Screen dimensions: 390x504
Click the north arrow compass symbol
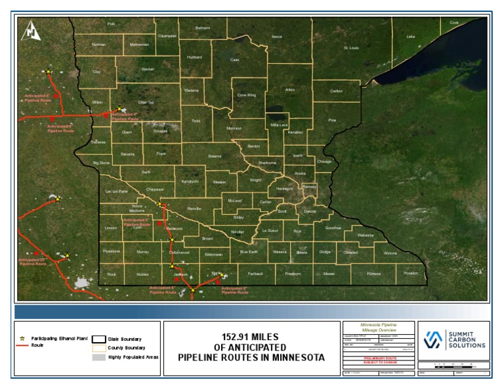tap(31, 30)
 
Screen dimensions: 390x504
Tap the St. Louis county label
tap(352, 48)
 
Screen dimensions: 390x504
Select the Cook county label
tap(454, 22)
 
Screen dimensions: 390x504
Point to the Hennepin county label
tap(284, 188)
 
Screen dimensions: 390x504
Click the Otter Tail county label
tap(146, 102)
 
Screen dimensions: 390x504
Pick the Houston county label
tap(411, 272)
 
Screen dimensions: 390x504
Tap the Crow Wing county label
tap(246, 95)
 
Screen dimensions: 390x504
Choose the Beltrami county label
tap(203, 28)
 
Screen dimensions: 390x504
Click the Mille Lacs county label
tap(279, 124)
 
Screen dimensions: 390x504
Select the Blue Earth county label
tap(249, 251)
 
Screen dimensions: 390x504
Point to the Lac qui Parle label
tap(116, 190)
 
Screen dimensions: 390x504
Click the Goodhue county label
tap(333, 228)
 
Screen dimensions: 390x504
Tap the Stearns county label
tap(215, 156)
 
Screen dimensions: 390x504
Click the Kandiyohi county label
tap(190, 181)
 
